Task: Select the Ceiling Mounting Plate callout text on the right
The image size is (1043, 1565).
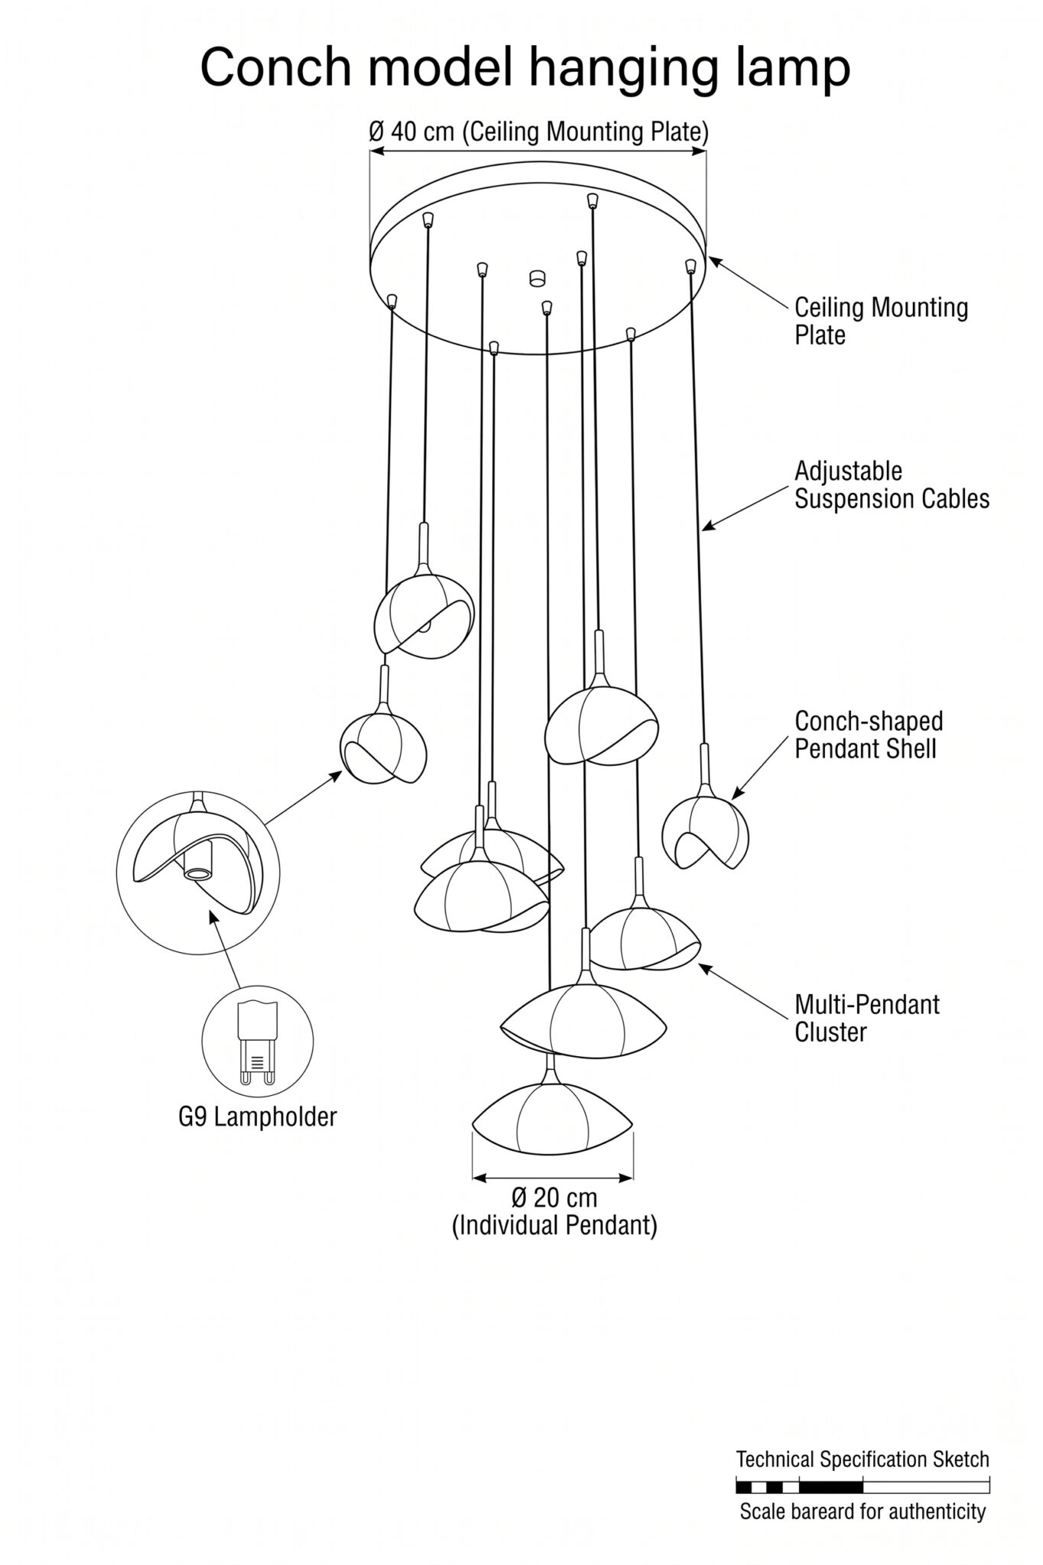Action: [x=881, y=322]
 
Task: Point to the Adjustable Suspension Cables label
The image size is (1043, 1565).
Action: [x=892, y=484]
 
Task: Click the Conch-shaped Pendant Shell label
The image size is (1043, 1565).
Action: [x=869, y=734]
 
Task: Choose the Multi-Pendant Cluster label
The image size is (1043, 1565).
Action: [x=866, y=1018]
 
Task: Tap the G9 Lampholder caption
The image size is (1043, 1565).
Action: [x=258, y=1117]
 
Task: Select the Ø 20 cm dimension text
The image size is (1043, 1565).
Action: [x=554, y=1197]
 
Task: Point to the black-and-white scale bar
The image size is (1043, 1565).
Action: [x=863, y=1487]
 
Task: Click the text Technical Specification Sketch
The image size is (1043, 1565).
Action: [x=863, y=1460]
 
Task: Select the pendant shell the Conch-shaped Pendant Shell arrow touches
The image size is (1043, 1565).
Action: [x=705, y=833]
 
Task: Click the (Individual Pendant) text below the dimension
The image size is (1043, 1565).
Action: [x=554, y=1226]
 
